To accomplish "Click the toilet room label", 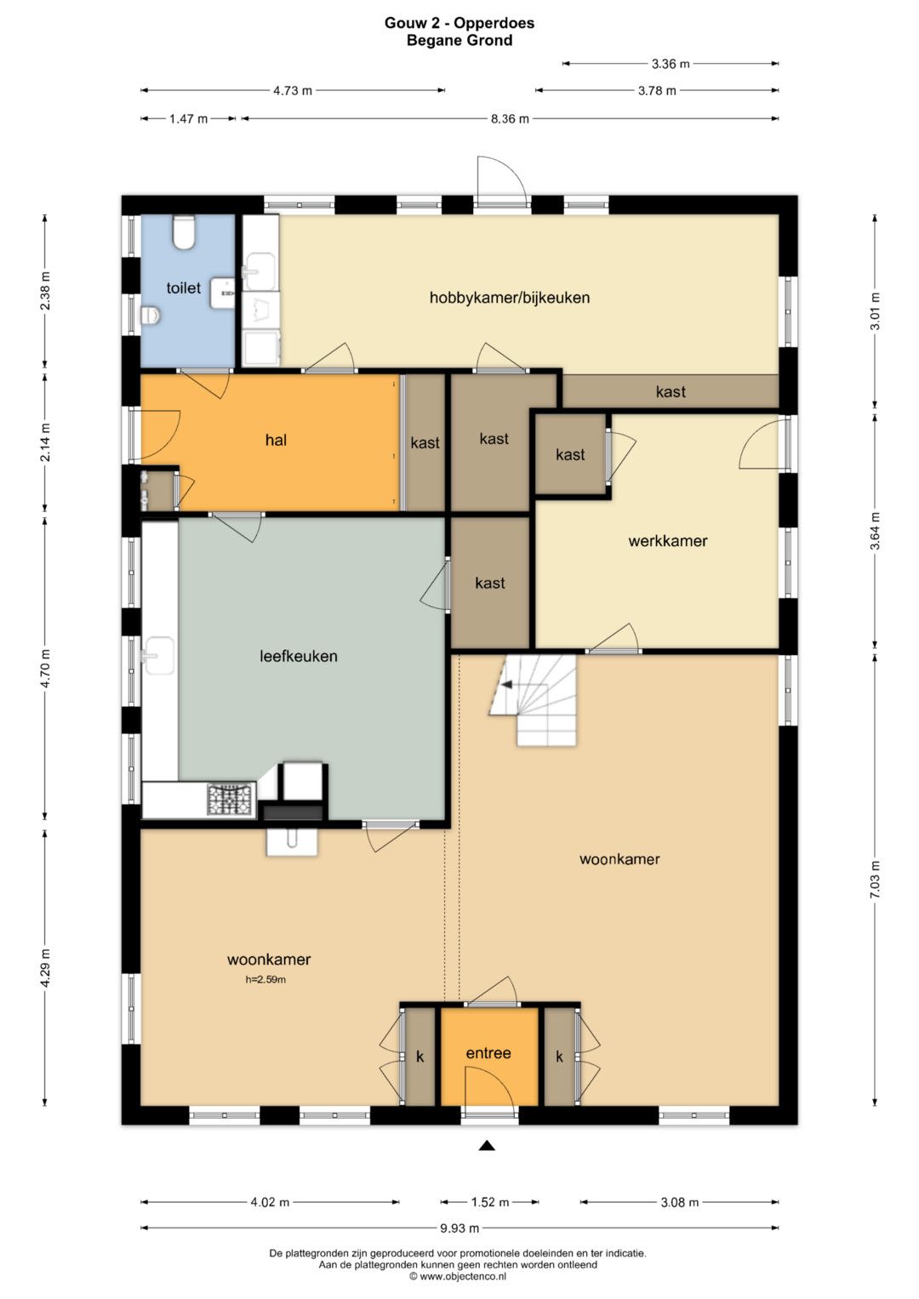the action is [183, 288].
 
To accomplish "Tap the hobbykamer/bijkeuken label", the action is [510, 298].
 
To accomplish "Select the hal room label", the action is [276, 440].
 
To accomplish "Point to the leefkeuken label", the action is [298, 656].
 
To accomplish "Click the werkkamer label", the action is [668, 541].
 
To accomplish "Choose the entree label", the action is [488, 1053].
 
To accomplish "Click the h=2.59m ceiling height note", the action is [265, 980].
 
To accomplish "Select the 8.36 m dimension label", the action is [510, 119].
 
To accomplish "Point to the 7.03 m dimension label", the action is [875, 880].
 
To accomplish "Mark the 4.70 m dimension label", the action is [46, 669].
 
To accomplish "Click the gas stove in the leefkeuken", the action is [231, 800].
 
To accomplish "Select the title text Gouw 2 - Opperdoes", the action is [459, 23].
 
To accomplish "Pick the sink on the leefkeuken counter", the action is [157, 656].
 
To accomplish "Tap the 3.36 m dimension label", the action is [671, 64].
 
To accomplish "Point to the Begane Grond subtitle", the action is [459, 41].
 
